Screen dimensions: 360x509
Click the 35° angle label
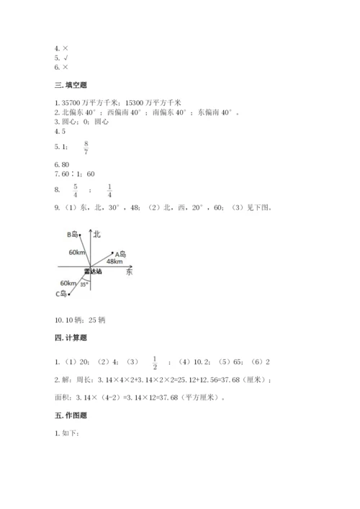pyautogui.click(x=83, y=284)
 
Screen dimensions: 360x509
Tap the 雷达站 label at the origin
pyautogui.click(x=91, y=272)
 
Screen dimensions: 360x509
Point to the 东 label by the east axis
pyautogui.click(x=129, y=273)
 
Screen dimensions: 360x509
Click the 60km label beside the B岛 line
pyautogui.click(x=77, y=253)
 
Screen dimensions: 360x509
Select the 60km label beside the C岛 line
pyautogui.click(x=69, y=283)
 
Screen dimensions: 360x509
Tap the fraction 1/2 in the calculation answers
pyautogui.click(x=154, y=362)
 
